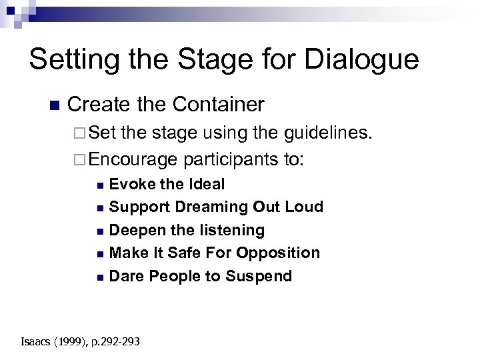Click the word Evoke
131,184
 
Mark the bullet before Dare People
100,277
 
